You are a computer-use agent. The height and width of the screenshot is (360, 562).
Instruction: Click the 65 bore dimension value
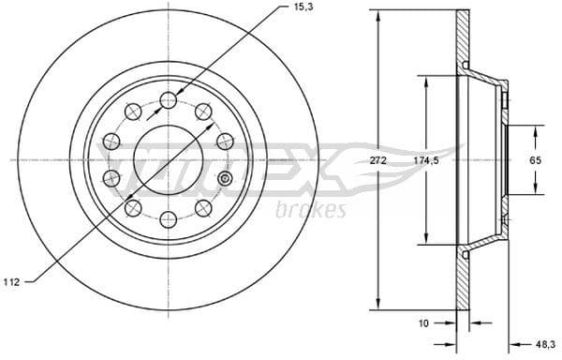point(536,161)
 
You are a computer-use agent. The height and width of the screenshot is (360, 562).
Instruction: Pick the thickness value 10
point(424,323)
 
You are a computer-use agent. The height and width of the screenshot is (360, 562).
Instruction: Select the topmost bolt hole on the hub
point(168,99)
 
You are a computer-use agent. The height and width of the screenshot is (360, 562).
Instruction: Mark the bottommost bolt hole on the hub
point(168,219)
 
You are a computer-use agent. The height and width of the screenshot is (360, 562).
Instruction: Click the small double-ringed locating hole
point(224,178)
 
